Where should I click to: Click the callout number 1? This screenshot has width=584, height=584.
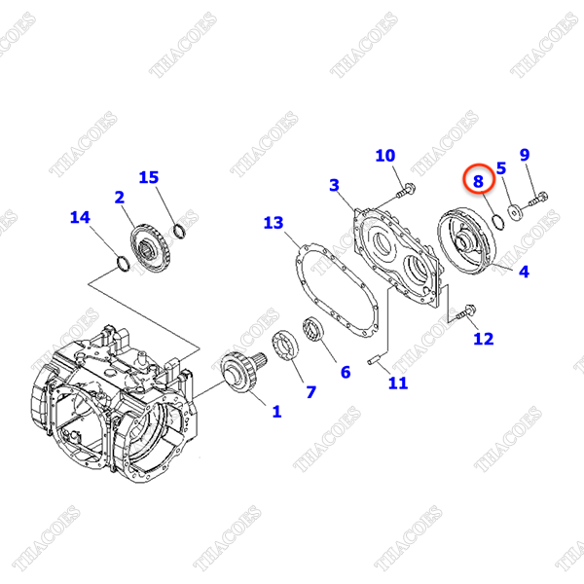(x=275, y=412)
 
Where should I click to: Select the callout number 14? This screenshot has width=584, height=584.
(x=80, y=217)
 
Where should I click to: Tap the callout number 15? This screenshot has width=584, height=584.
(x=148, y=177)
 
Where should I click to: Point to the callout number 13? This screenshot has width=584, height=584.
(x=274, y=224)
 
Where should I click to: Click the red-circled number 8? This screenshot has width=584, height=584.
(x=478, y=180)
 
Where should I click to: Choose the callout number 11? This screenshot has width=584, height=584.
(x=398, y=383)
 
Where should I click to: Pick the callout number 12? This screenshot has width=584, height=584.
(x=484, y=339)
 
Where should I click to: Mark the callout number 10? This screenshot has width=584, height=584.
(x=385, y=156)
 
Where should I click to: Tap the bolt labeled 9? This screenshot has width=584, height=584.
(x=538, y=201)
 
